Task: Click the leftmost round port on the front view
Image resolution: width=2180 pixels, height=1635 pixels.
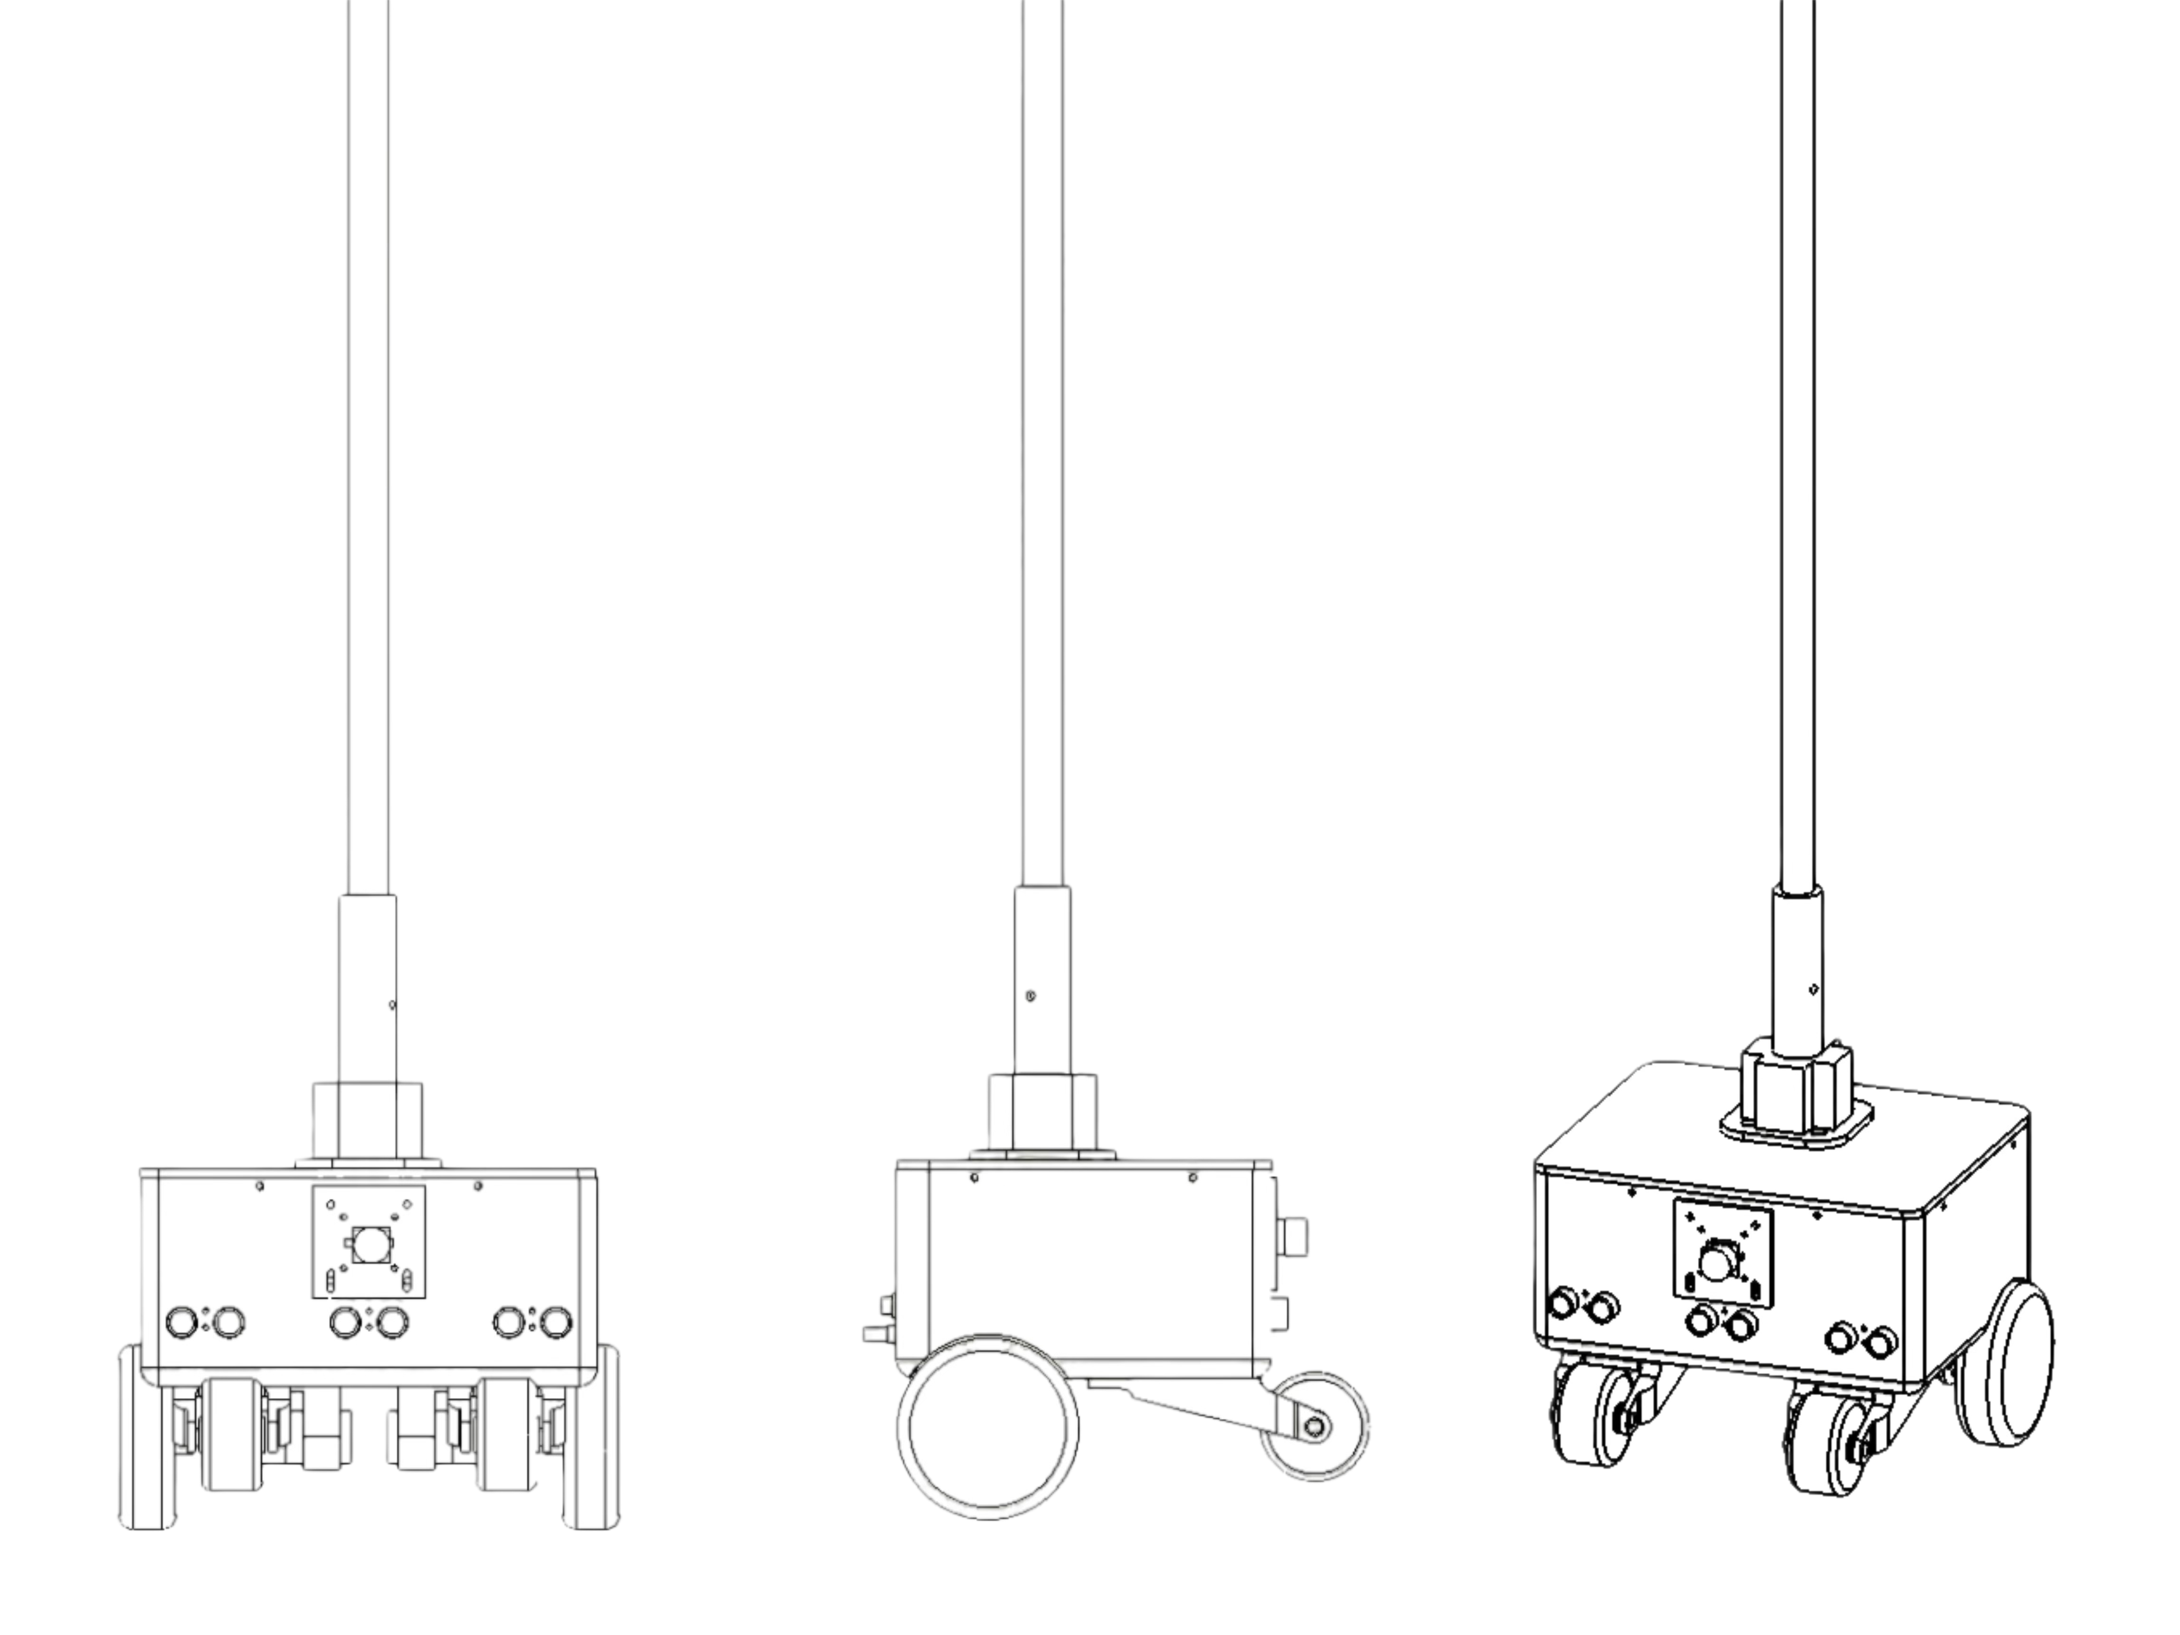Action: tap(182, 1321)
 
